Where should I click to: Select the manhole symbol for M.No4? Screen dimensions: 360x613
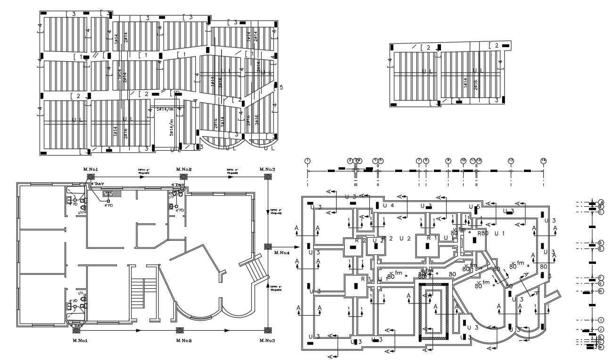[267, 246]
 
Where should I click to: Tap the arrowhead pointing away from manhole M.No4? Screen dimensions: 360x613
[298, 246]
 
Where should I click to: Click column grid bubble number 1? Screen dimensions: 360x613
[308, 161]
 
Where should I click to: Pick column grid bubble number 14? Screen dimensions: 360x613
[543, 161]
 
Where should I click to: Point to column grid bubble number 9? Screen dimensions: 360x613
[448, 161]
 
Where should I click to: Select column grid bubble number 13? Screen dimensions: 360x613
[511, 161]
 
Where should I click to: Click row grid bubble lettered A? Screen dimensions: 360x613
[601, 202]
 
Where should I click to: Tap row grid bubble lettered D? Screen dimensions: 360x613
[601, 243]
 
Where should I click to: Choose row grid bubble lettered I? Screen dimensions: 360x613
[601, 320]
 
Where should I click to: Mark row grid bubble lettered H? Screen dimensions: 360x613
[601, 291]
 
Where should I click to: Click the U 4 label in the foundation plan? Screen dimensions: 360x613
[388, 205]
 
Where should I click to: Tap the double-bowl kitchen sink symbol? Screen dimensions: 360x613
[112, 193]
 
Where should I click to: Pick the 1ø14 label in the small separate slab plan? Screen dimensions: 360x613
[465, 84]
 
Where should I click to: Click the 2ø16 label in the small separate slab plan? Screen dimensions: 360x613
[476, 84]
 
